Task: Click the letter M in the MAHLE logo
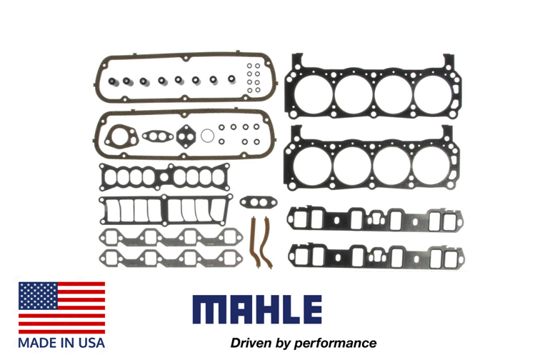(x=211, y=309)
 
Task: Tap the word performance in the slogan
(x=338, y=343)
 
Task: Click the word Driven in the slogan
(x=249, y=343)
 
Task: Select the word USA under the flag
(x=89, y=342)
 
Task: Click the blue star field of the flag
(x=37, y=296)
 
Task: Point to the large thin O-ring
(x=207, y=135)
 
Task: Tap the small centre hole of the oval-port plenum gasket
(x=164, y=175)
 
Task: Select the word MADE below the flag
(x=36, y=342)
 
